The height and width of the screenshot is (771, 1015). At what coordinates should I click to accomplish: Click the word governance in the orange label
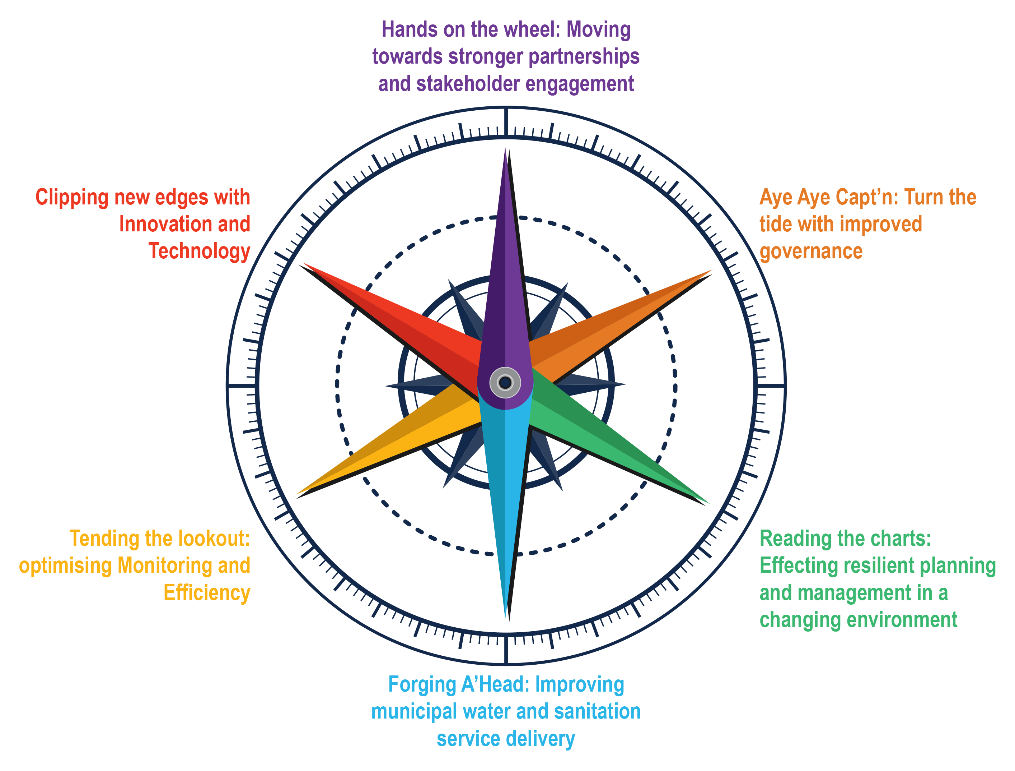811,251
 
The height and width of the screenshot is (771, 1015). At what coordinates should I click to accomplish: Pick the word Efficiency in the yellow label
207,593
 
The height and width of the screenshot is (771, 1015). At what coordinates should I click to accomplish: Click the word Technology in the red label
199,251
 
